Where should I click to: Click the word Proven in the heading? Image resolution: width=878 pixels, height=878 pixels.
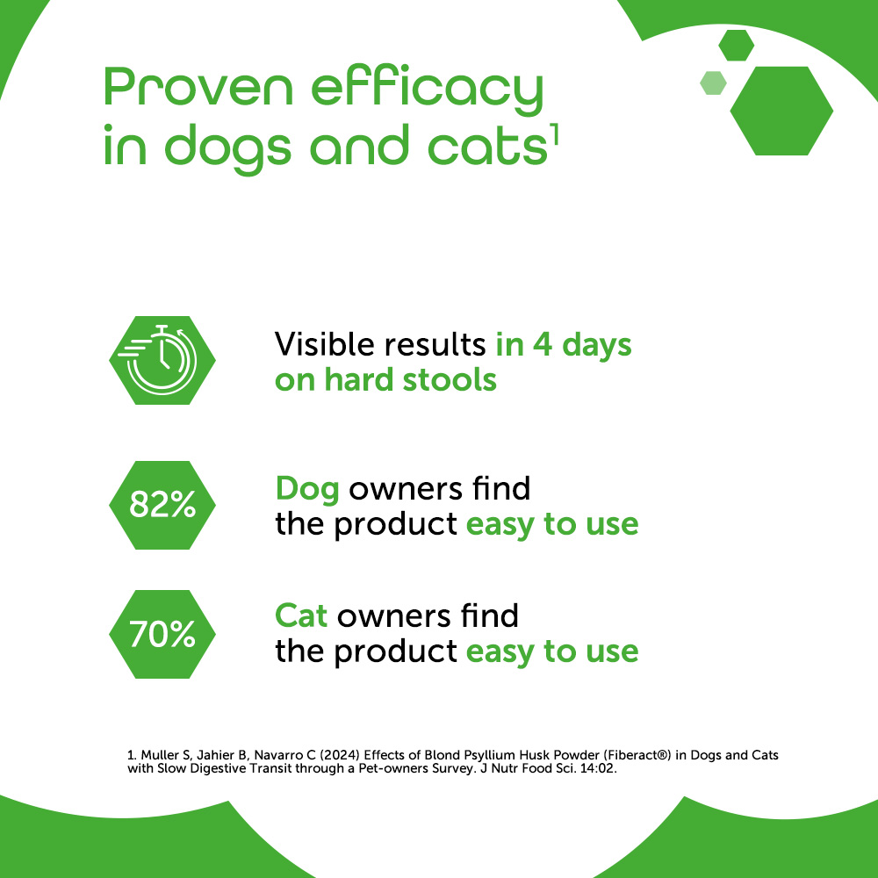(x=198, y=87)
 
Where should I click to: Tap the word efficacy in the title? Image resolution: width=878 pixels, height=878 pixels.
(x=428, y=90)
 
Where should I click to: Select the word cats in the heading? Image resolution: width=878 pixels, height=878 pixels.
(x=487, y=146)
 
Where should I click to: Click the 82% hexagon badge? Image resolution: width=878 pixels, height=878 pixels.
(x=162, y=505)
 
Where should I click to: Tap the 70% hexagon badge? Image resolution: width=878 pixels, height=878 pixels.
(x=162, y=634)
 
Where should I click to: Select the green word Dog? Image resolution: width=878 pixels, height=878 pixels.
(x=307, y=490)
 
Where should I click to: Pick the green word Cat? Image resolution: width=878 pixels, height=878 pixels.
(x=301, y=616)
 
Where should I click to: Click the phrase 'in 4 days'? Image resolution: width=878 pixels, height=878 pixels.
(x=564, y=344)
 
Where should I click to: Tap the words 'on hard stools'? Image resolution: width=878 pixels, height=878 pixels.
(x=385, y=380)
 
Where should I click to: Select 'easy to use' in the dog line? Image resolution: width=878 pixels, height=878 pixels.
(x=552, y=525)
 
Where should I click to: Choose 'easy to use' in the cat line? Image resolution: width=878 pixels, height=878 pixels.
(x=552, y=652)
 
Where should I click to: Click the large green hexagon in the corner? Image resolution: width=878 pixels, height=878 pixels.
(x=781, y=111)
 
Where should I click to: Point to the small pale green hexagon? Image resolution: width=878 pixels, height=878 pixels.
(x=713, y=83)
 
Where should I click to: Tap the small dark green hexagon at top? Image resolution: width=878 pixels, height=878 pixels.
(x=737, y=46)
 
